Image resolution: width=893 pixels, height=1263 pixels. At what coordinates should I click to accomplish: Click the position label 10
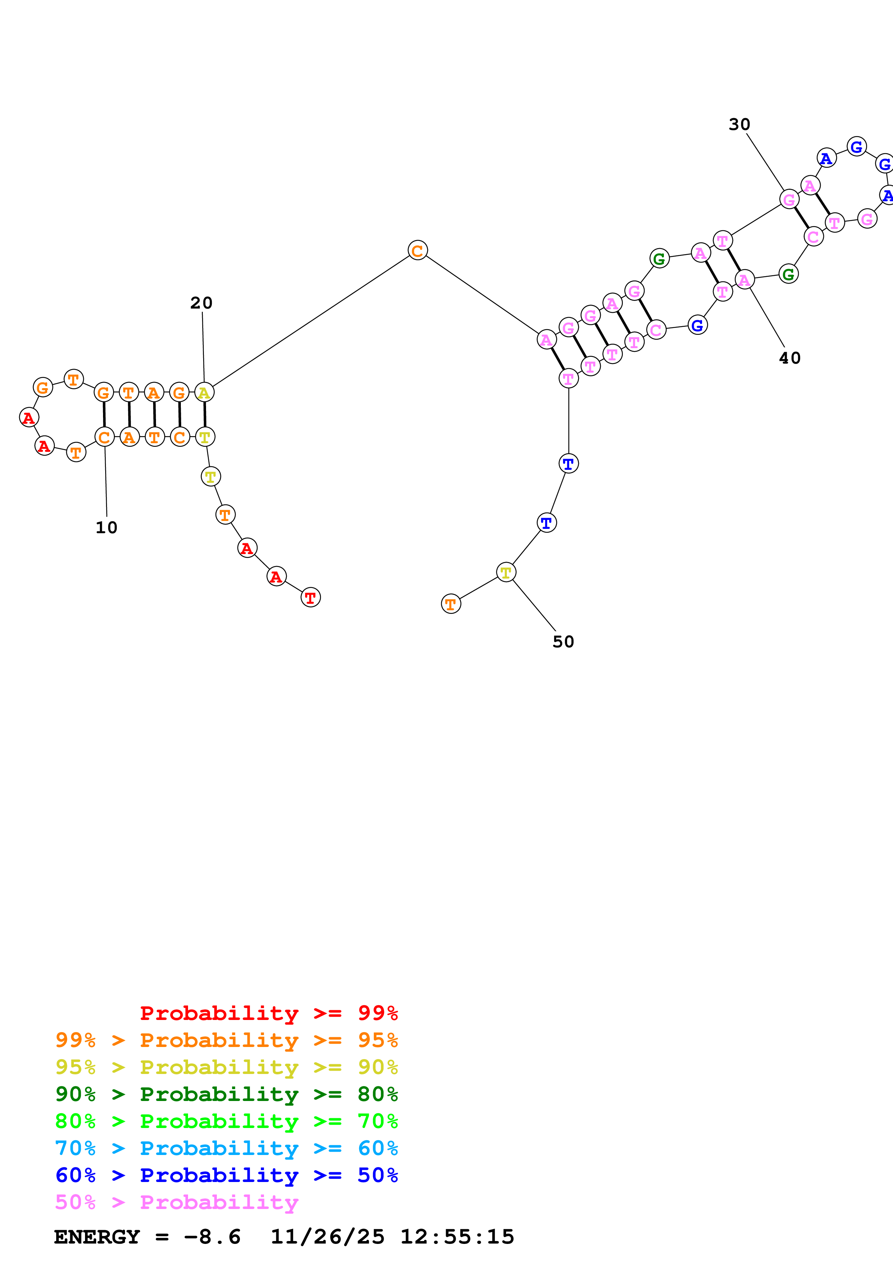[106, 527]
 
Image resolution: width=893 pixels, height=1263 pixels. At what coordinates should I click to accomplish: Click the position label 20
[201, 303]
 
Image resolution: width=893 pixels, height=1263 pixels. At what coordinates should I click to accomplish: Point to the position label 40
[790, 358]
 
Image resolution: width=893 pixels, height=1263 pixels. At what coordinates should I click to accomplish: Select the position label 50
[563, 642]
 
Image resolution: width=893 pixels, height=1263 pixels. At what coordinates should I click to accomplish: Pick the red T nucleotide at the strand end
[310, 597]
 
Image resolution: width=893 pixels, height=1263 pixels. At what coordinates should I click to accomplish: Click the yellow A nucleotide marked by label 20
[204, 393]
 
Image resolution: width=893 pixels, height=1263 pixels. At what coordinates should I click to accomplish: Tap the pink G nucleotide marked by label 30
[789, 199]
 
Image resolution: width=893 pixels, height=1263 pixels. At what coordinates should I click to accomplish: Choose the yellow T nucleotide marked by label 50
[506, 572]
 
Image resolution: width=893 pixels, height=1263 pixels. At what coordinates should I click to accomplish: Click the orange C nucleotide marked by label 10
[104, 437]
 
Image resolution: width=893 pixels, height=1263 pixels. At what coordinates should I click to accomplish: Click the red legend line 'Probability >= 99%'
[268, 1013]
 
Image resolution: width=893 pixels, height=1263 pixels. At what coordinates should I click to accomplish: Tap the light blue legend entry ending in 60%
[226, 1148]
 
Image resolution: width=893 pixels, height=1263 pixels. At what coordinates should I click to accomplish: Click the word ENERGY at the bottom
[97, 1237]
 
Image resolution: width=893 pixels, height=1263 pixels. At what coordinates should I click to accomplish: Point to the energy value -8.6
[213, 1237]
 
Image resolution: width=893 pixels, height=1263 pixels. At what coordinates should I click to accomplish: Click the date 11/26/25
[327, 1237]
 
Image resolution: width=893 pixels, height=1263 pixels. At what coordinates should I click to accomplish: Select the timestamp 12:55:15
[457, 1237]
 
